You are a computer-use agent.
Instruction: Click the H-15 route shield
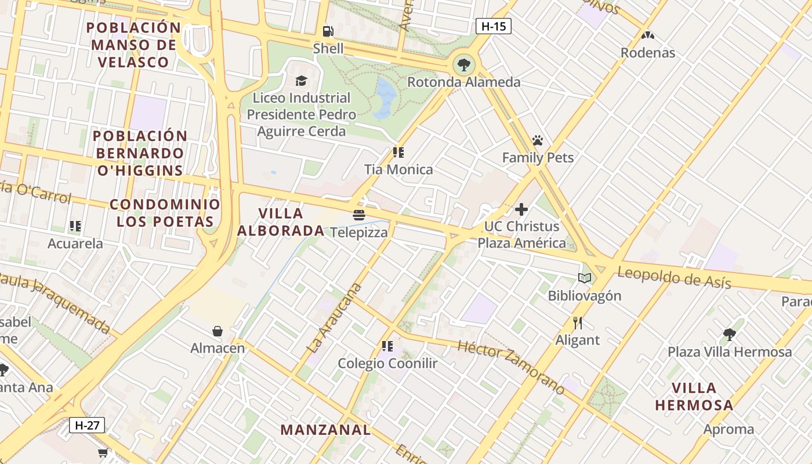click(x=493, y=26)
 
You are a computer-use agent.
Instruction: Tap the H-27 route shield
click(x=87, y=425)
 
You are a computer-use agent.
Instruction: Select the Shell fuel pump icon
click(x=328, y=31)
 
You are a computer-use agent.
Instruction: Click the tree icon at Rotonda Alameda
click(x=463, y=64)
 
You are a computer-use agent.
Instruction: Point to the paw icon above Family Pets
click(x=538, y=140)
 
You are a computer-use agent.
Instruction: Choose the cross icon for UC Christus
click(x=521, y=209)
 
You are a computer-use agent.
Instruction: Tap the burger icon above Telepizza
click(x=359, y=216)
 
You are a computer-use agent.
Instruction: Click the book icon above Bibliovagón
click(x=585, y=278)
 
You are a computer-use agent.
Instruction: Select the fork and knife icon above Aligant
click(x=577, y=323)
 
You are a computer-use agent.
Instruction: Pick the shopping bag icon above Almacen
click(x=217, y=331)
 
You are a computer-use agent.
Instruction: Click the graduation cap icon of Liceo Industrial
click(x=301, y=81)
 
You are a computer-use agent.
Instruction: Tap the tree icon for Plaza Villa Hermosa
click(x=729, y=335)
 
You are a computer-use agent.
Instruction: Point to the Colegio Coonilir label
click(x=387, y=364)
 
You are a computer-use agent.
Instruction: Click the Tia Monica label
click(x=398, y=170)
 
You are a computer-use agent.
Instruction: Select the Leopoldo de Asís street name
click(x=673, y=277)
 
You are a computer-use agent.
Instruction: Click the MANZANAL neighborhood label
click(x=325, y=430)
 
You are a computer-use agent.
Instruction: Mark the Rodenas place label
click(x=648, y=53)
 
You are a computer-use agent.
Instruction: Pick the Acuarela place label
click(x=75, y=244)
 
